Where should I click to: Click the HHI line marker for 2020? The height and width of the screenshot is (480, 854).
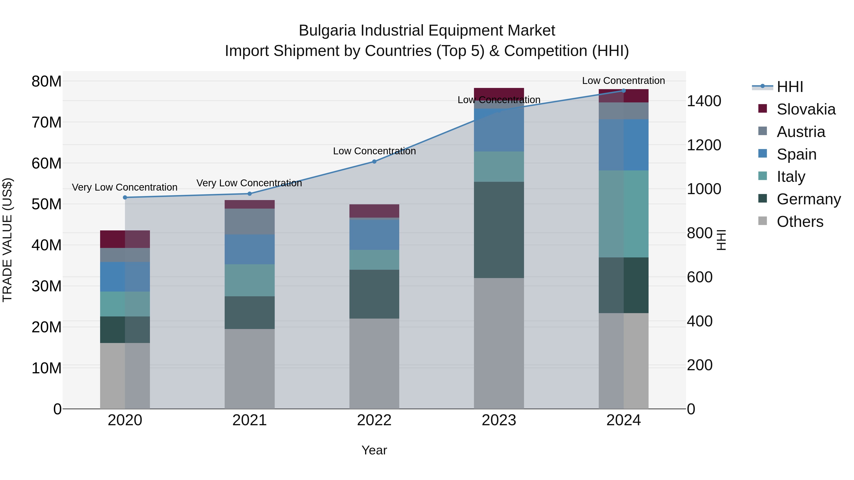(125, 197)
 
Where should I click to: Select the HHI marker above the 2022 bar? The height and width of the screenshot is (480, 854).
(374, 162)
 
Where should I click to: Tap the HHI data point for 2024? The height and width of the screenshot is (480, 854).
(624, 91)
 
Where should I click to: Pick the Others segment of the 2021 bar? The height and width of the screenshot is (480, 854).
(250, 368)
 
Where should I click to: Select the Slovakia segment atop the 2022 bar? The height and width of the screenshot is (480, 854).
(374, 211)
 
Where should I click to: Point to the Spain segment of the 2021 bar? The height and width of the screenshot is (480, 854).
(250, 249)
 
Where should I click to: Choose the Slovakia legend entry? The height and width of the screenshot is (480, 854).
(806, 109)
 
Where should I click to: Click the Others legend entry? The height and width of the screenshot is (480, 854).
(800, 222)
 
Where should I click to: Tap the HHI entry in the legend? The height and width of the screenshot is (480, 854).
(790, 87)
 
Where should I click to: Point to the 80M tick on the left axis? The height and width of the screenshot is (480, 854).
(46, 82)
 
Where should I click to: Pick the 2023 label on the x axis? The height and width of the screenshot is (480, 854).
(499, 420)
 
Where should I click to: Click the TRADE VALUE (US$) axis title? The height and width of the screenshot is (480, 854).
(7, 240)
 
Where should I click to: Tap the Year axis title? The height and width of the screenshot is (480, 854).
(374, 450)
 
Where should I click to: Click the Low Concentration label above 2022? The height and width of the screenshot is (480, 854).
(374, 151)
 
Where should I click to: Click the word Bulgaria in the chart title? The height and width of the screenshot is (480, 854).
(328, 31)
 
